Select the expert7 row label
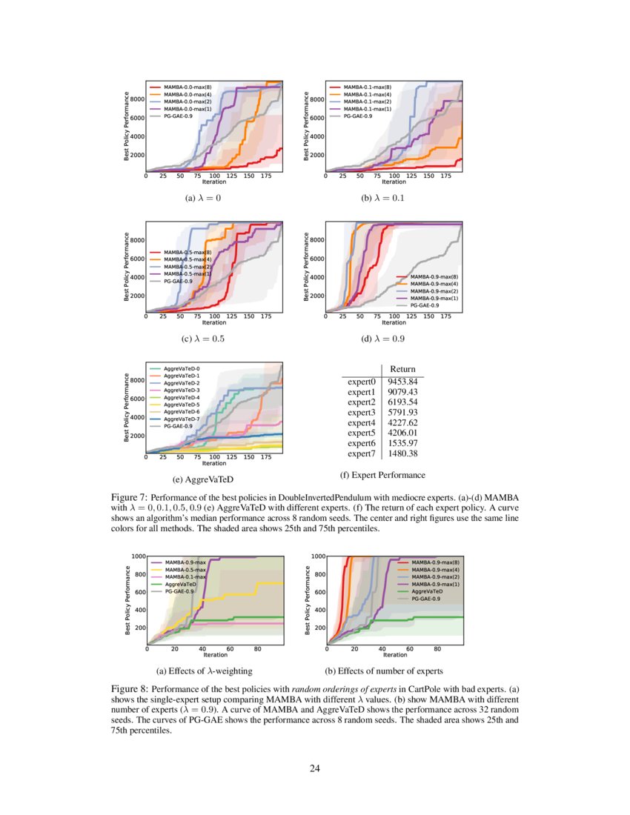click(362, 453)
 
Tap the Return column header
click(402, 369)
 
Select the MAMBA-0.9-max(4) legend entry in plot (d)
click(434, 284)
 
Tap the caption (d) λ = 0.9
click(385, 339)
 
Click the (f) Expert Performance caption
click(382, 475)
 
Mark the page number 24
click(315, 768)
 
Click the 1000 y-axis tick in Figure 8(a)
click(137, 556)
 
